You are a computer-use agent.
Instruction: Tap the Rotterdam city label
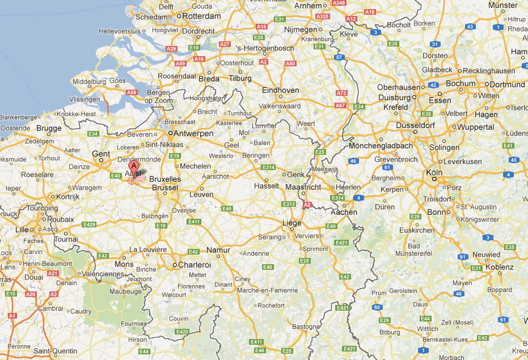200,16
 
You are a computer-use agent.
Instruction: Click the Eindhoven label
280,90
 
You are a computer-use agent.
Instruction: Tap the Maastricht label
303,187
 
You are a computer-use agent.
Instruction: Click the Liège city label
292,223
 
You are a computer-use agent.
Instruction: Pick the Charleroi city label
194,265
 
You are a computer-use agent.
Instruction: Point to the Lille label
22,229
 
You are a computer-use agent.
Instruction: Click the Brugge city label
48,129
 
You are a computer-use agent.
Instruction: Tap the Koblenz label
499,267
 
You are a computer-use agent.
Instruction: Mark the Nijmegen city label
300,29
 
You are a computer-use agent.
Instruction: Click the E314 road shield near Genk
269,167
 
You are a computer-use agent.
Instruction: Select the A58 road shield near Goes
132,92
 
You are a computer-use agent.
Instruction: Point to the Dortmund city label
507,84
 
